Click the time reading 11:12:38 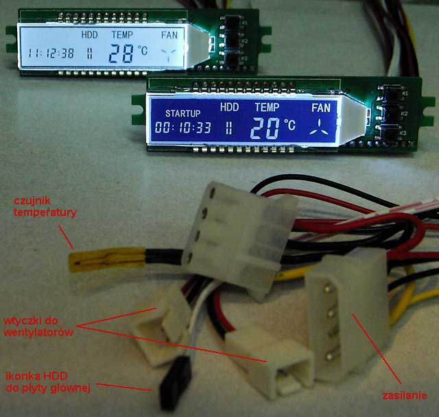click(51, 53)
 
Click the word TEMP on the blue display click(267, 107)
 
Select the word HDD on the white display click(90, 34)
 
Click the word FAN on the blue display click(320, 108)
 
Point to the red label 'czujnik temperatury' click(45, 207)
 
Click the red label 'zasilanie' click(404, 395)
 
